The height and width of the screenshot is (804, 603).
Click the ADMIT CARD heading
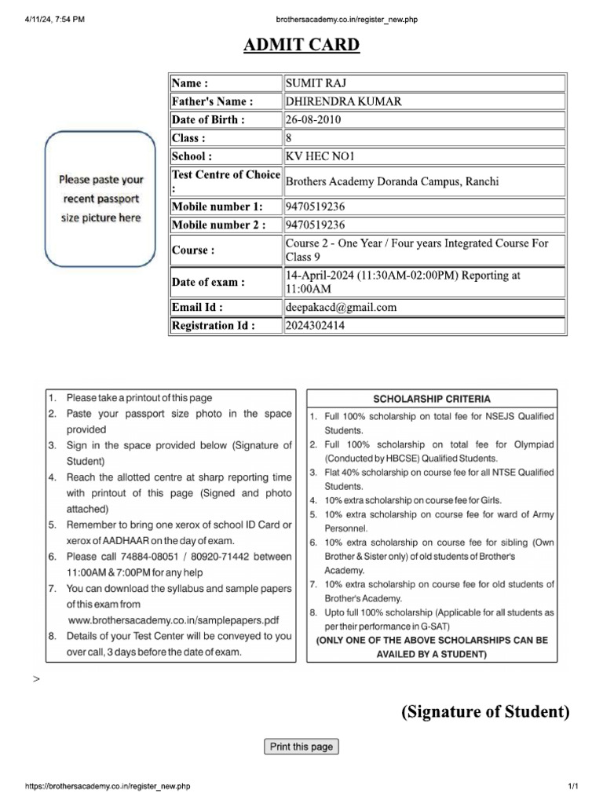click(301, 45)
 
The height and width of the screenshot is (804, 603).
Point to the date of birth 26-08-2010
click(313, 119)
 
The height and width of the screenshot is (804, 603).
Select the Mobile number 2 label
click(218, 225)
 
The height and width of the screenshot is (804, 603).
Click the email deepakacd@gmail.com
click(341, 307)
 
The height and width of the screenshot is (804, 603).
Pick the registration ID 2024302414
click(315, 325)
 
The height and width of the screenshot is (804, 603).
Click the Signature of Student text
click(484, 712)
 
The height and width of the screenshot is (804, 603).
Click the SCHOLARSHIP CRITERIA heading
click(431, 399)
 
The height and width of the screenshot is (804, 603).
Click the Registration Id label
click(213, 325)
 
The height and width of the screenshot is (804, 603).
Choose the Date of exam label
click(208, 282)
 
